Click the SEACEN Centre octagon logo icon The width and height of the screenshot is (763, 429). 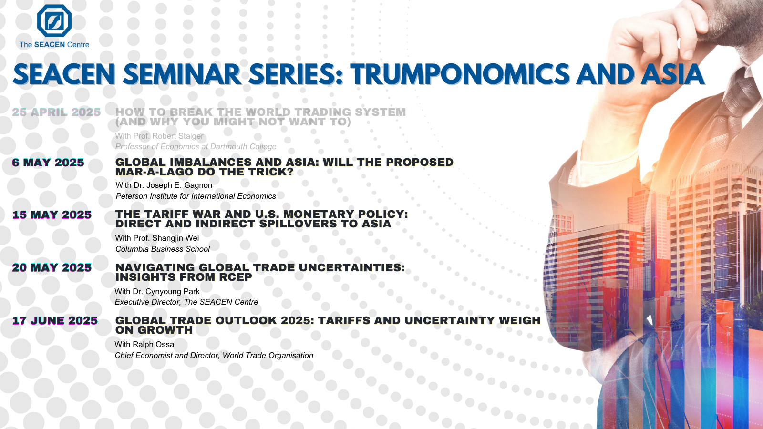(x=54, y=20)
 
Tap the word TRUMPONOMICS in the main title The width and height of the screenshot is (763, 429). (x=460, y=74)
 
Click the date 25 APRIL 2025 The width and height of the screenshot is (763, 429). (x=57, y=112)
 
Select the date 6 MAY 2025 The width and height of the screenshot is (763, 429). (x=48, y=163)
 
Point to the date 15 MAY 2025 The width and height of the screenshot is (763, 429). (x=52, y=214)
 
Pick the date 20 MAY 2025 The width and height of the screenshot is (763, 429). (x=52, y=267)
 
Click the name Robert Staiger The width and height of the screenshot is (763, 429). (x=178, y=136)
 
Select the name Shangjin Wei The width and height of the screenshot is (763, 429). (x=176, y=238)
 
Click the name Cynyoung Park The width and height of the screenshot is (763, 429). (x=172, y=291)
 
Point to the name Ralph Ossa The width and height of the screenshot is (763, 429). (x=153, y=344)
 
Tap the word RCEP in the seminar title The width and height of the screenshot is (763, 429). (x=236, y=277)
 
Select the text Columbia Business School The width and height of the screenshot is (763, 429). (x=163, y=249)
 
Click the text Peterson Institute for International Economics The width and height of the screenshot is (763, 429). (x=196, y=196)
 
